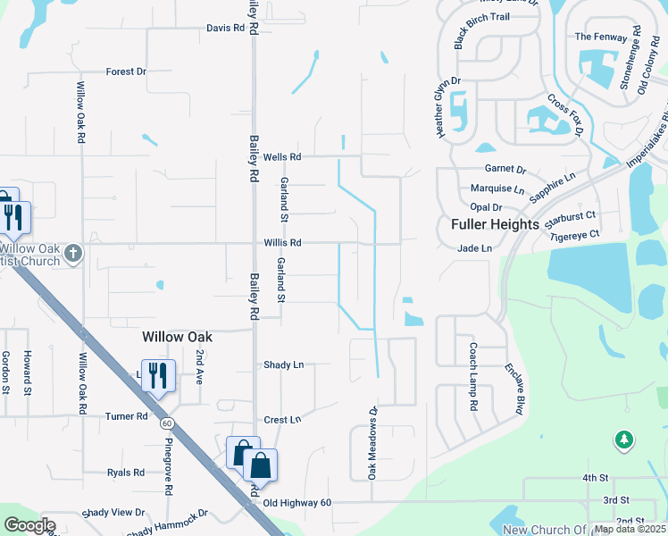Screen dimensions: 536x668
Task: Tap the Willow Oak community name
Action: coord(178,337)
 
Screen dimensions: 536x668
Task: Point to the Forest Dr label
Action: coord(125,71)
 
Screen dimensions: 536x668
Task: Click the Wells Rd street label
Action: coord(282,157)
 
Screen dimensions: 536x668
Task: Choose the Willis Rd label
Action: coord(282,243)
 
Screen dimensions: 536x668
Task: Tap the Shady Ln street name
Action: coord(283,364)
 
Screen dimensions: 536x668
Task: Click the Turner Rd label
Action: coord(126,416)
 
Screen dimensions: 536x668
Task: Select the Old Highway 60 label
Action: coord(296,503)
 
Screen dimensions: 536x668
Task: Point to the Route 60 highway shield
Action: coord(166,421)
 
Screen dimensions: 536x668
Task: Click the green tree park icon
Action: coord(624,440)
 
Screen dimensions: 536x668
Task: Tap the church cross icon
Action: coord(73,254)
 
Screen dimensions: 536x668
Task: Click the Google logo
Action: coord(29,525)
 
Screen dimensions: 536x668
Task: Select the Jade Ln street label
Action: coord(474,248)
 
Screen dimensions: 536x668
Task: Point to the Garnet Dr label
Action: coord(505,169)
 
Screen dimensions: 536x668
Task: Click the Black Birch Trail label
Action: coord(493,40)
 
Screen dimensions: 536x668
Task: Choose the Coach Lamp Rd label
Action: coord(473,378)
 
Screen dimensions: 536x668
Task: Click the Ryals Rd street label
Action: coord(126,473)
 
